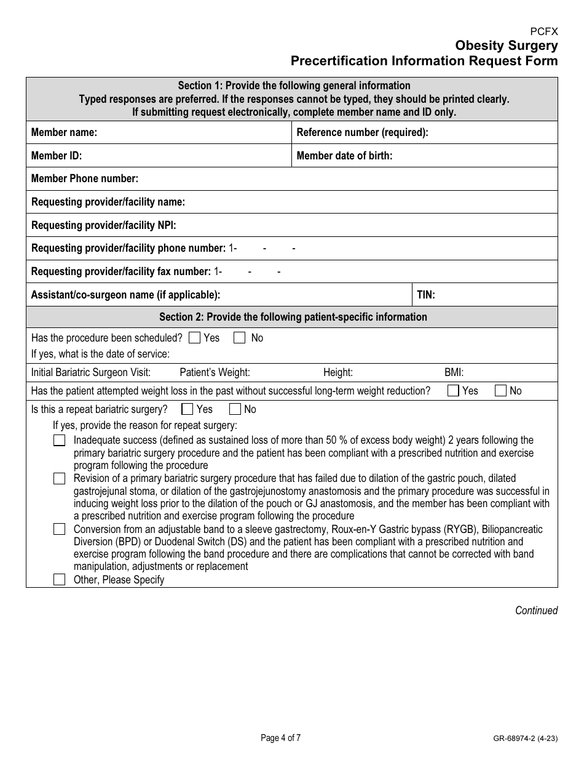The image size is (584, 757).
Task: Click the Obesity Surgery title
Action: coord(507,46)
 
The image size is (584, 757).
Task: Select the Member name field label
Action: coord(64,132)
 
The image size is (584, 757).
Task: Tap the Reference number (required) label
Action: coord(362,132)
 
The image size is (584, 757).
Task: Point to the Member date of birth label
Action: coord(344,156)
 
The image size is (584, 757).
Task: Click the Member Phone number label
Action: coord(85,178)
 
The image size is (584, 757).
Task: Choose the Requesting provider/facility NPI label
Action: coord(103,225)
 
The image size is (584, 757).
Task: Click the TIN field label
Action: coord(426,295)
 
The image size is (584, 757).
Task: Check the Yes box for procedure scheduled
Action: coord(194,338)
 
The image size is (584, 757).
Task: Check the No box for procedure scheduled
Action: coord(240,338)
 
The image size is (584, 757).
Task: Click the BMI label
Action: coord(454,372)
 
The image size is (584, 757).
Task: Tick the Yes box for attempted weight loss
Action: coord(453,391)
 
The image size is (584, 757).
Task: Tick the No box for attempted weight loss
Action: coord(500,391)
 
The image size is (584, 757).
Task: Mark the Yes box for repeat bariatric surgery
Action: coord(187,409)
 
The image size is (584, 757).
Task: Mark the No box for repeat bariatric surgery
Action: coord(235,409)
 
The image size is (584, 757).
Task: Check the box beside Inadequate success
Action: coord(59,441)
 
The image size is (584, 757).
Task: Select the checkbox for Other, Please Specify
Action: coord(59,580)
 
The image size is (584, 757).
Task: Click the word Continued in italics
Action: coord(536,611)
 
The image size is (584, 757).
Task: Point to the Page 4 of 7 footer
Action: coord(280,738)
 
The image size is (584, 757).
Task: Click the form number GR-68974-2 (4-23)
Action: coord(525,739)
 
